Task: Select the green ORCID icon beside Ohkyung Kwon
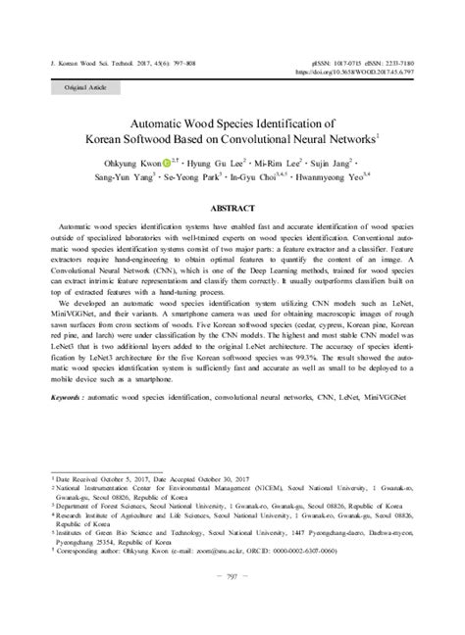pyautogui.click(x=167, y=164)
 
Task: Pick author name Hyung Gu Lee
pyautogui.click(x=213, y=164)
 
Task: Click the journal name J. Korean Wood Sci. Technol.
pyautogui.click(x=88, y=60)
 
